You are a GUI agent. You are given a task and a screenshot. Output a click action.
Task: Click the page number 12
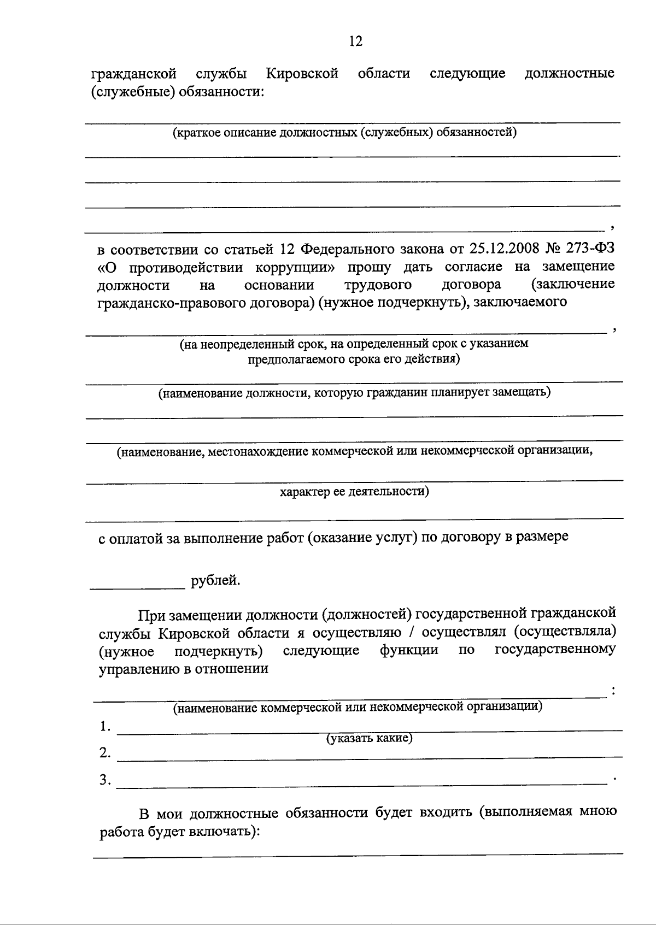355,41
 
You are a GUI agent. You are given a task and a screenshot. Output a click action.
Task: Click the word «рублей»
215,580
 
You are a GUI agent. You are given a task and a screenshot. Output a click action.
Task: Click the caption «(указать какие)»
369,739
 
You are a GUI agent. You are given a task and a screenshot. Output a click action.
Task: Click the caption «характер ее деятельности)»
354,491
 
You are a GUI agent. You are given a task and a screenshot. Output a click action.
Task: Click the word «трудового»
378,285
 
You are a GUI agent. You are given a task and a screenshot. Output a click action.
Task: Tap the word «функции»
409,650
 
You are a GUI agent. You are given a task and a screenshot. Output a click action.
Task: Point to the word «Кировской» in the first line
302,73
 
